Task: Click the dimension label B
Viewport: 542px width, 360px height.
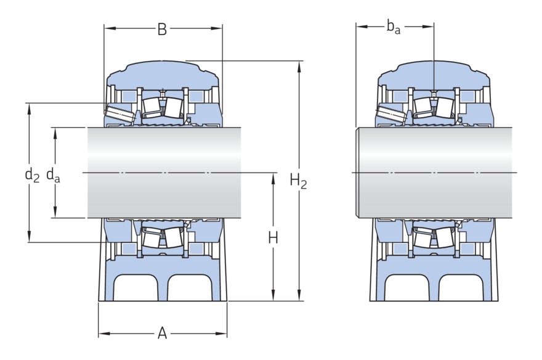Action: [x=162, y=30]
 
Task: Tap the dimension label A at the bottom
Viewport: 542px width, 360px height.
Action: [x=162, y=333]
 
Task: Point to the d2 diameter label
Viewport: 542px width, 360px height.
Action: [x=32, y=174]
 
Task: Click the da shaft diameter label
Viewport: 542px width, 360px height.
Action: [x=53, y=174]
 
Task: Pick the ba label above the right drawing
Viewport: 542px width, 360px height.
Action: [x=393, y=27]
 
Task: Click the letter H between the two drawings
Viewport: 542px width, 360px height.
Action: [x=273, y=238]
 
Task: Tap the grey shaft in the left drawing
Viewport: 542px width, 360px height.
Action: [x=164, y=173]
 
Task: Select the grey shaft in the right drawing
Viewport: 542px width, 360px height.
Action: [x=434, y=173]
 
